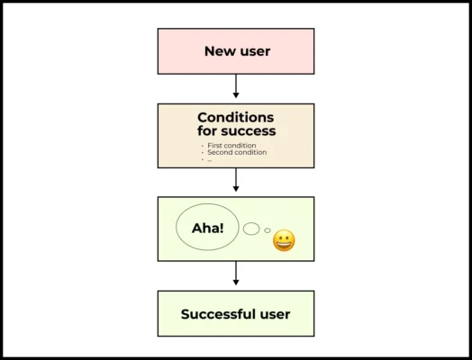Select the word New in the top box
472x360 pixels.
tap(218, 51)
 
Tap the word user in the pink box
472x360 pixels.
tap(254, 51)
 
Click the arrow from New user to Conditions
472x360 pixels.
tap(236, 87)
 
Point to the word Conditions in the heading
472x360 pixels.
tap(236, 117)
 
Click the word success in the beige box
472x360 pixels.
tap(250, 131)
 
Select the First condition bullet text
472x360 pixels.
tap(231, 145)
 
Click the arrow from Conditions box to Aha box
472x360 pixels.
tap(236, 181)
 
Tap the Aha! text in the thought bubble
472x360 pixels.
tap(206, 228)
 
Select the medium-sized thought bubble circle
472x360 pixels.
tap(251, 229)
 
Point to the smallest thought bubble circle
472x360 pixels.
tap(268, 230)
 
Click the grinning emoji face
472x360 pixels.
tap(284, 240)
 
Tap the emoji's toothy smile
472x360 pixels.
tap(284, 245)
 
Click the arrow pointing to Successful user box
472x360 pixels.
tap(236, 274)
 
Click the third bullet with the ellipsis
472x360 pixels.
tap(209, 160)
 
